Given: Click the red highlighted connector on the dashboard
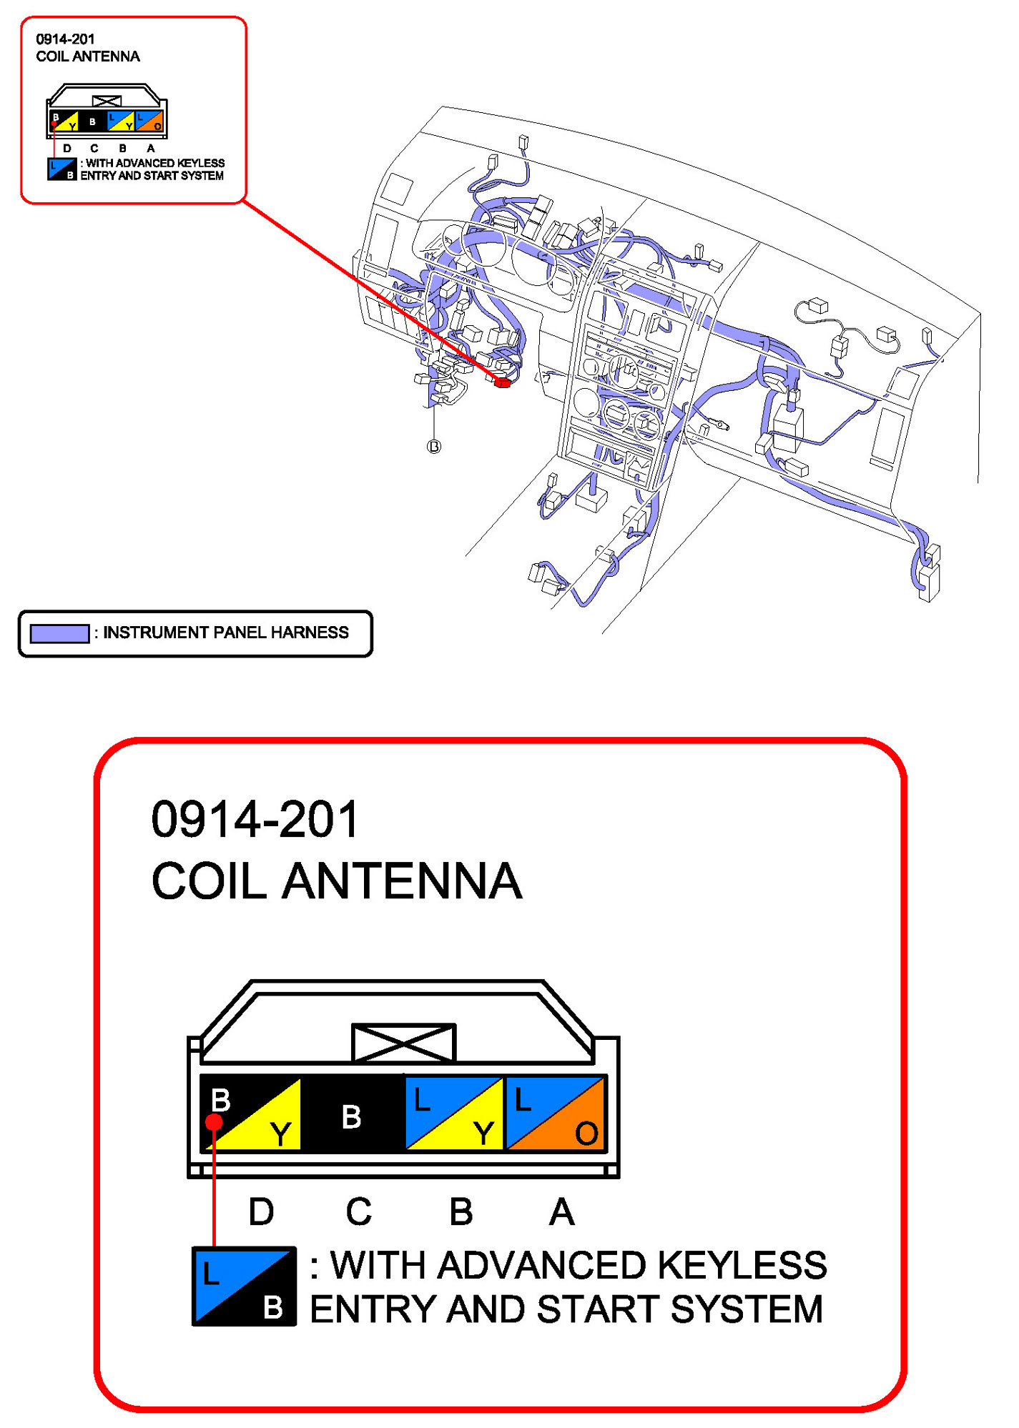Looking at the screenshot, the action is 502,382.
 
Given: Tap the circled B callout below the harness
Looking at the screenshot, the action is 434,447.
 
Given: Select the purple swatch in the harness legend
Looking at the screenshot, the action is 59,633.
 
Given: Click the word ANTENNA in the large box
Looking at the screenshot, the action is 402,881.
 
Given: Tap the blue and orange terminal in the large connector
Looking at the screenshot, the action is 556,1114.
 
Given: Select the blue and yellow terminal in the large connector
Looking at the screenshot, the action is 454,1114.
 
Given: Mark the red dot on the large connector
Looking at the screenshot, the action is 214,1121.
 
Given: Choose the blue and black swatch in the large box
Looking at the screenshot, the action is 244,1286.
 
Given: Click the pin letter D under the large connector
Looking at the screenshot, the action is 261,1212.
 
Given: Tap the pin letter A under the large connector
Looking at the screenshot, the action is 561,1212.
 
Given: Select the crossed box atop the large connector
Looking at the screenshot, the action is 404,1043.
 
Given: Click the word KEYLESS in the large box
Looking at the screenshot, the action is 742,1266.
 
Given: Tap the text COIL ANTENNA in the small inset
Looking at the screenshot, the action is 88,56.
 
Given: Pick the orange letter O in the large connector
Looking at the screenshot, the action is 586,1133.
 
